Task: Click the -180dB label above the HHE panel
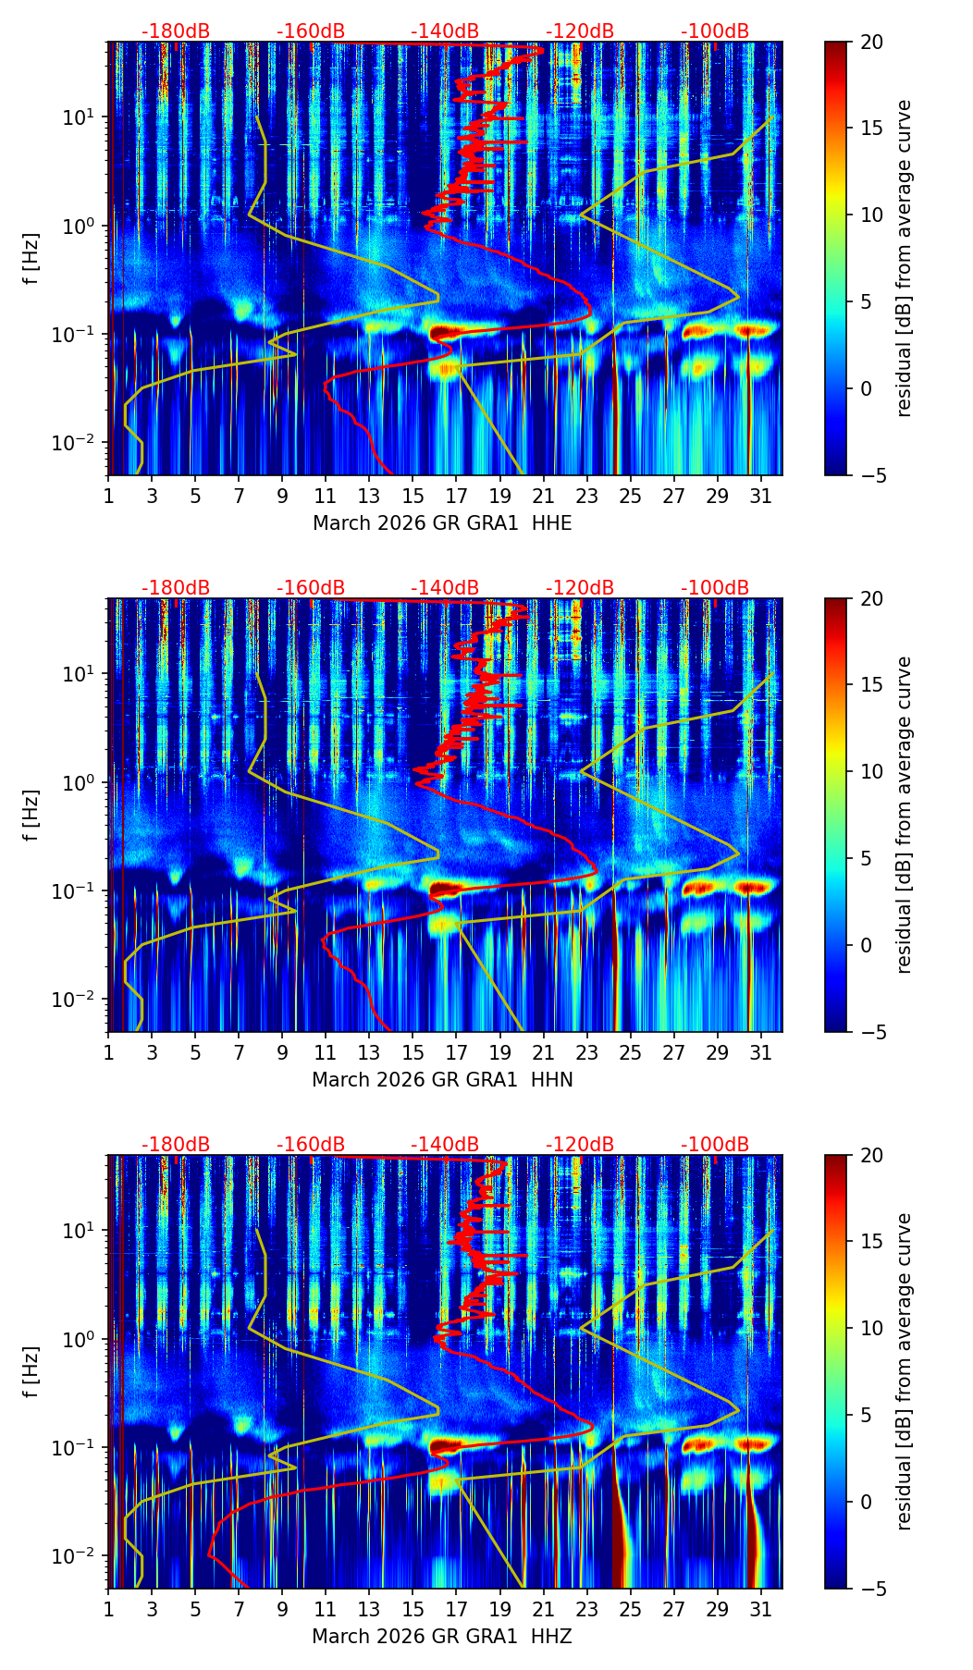[176, 32]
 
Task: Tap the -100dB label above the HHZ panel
[715, 1145]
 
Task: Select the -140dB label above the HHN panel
[445, 589]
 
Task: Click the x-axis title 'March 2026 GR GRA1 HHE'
[442, 523]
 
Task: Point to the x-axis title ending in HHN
[442, 1080]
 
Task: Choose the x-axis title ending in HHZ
[442, 1637]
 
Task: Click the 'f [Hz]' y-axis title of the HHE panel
[32, 259]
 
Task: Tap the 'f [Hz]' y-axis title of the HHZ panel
[32, 1372]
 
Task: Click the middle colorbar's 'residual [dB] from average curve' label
[905, 815]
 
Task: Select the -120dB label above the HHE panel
[580, 32]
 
